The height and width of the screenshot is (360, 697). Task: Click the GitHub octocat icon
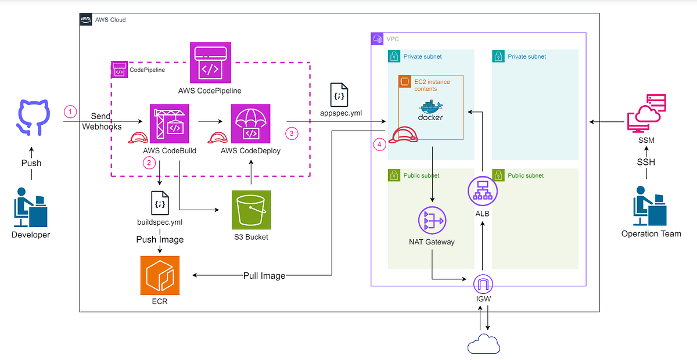click(x=33, y=117)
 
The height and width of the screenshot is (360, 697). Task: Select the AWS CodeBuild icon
click(x=169, y=124)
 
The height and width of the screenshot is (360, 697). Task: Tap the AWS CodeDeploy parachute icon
click(x=251, y=124)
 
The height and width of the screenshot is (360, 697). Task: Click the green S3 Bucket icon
click(x=251, y=210)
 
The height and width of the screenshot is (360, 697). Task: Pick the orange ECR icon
click(x=160, y=275)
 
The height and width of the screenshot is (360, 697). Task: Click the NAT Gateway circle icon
click(x=432, y=220)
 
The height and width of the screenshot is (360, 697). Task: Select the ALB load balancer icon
click(x=483, y=191)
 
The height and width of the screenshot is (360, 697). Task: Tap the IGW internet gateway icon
click(x=483, y=284)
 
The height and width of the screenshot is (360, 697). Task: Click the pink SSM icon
click(x=646, y=113)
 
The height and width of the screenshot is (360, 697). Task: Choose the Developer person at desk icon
click(x=30, y=207)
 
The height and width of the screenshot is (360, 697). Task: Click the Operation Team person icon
click(x=650, y=206)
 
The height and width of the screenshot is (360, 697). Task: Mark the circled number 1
click(x=70, y=111)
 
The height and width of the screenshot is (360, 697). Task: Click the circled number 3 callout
click(x=292, y=134)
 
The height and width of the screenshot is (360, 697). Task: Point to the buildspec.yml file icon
click(x=160, y=203)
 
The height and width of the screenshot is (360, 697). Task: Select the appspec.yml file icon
click(x=339, y=95)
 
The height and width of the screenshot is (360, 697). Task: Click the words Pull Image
click(x=264, y=276)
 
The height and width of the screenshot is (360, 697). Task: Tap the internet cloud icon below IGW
click(x=484, y=344)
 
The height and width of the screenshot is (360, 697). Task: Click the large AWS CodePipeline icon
click(x=211, y=63)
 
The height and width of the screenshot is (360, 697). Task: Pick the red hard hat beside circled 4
click(x=403, y=135)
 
